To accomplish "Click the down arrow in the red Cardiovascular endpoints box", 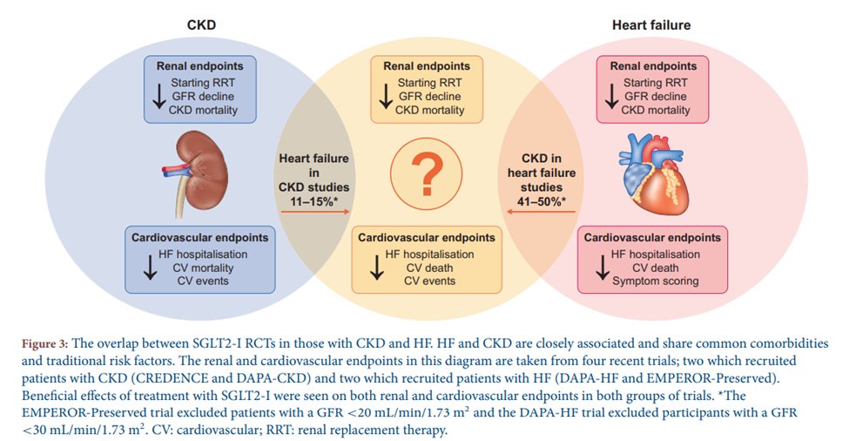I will click(602, 268).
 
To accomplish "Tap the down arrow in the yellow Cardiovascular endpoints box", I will click(376, 268).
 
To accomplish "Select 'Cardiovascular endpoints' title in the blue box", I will click(200, 237).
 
